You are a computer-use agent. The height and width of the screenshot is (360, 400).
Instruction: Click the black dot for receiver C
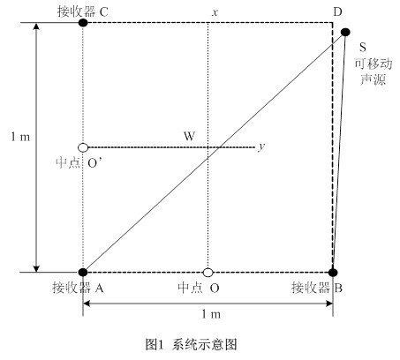(83, 23)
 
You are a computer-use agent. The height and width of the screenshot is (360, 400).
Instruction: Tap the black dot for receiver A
(83, 272)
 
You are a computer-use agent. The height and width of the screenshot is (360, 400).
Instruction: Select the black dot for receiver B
(333, 273)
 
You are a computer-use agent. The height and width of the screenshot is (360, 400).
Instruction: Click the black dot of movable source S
(345, 32)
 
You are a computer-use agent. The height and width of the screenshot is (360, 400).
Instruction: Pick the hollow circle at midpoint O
(208, 273)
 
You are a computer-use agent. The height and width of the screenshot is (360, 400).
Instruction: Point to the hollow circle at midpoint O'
(83, 147)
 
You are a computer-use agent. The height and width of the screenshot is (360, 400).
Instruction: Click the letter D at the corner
(337, 12)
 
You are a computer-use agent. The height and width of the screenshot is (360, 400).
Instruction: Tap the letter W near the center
(189, 136)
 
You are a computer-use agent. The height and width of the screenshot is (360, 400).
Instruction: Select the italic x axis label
(215, 12)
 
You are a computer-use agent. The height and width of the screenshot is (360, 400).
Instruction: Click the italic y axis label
(261, 146)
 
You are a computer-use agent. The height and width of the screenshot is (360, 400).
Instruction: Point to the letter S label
(363, 47)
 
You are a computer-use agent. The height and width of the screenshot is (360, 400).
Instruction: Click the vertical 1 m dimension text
(20, 137)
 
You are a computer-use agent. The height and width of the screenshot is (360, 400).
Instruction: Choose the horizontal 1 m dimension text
(211, 314)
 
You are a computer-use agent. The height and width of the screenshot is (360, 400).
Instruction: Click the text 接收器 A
(78, 288)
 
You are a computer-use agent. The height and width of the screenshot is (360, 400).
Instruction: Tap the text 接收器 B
(317, 288)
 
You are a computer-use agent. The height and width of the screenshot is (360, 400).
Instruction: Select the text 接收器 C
(83, 12)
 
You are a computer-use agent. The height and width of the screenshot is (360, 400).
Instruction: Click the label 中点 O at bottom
(199, 288)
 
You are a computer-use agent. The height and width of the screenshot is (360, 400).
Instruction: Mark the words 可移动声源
(374, 71)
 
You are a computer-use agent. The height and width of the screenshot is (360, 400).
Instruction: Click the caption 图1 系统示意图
(191, 344)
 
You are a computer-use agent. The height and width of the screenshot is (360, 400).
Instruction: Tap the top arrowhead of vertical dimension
(36, 26)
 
